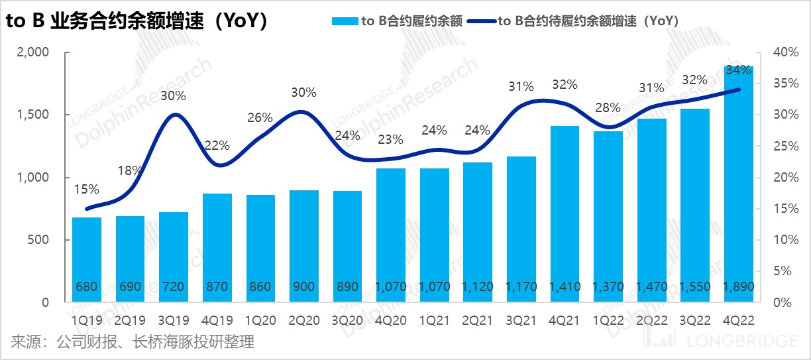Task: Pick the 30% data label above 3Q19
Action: [x=174, y=95]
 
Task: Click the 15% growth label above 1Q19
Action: [x=87, y=190]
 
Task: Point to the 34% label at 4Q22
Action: [x=739, y=70]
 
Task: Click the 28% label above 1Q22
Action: [x=608, y=107]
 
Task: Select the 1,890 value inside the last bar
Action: [x=739, y=287]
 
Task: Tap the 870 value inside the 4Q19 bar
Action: [x=217, y=287]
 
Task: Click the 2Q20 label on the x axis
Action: [x=304, y=320]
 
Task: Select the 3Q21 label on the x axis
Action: [x=521, y=320]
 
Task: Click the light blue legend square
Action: [x=344, y=21]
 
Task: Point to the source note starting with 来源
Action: [x=133, y=342]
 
